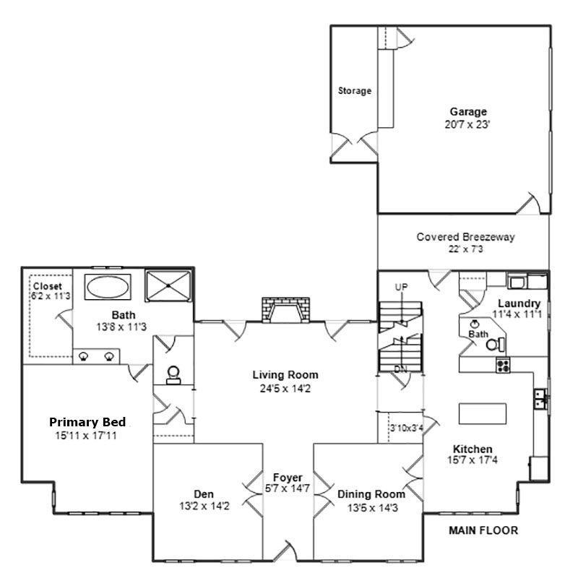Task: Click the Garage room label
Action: (x=468, y=112)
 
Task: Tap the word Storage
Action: (x=355, y=91)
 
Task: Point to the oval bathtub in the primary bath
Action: (x=109, y=287)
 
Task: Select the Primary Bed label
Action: (x=87, y=422)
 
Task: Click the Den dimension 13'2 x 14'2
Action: (x=204, y=506)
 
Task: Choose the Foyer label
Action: (x=287, y=478)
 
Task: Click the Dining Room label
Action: (x=371, y=494)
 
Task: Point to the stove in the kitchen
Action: (x=503, y=366)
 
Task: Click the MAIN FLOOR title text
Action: (x=483, y=530)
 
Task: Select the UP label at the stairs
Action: (x=402, y=287)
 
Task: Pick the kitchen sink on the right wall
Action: (x=540, y=397)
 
